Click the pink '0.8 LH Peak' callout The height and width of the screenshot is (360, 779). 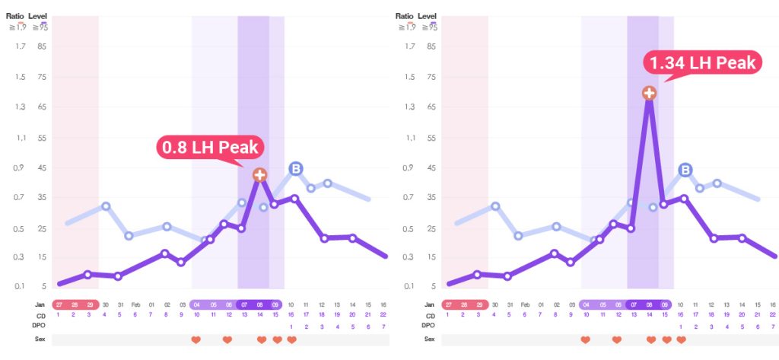208,147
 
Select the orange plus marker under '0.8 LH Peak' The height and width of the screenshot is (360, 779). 259,175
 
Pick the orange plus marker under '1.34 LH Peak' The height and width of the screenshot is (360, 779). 649,93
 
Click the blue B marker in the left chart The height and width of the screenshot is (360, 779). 296,169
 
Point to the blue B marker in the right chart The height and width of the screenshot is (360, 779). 685,170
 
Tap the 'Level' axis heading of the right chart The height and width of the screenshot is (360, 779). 428,15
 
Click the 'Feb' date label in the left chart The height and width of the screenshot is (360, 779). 135,304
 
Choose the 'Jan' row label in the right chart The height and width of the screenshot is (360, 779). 431,304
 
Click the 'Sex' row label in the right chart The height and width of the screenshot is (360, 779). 431,339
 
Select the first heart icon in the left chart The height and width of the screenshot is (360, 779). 196,339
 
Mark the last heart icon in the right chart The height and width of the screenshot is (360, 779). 681,339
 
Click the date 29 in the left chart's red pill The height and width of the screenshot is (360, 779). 89,304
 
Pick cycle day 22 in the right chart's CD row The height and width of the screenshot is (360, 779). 772,315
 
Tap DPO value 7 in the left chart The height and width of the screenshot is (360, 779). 384,327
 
